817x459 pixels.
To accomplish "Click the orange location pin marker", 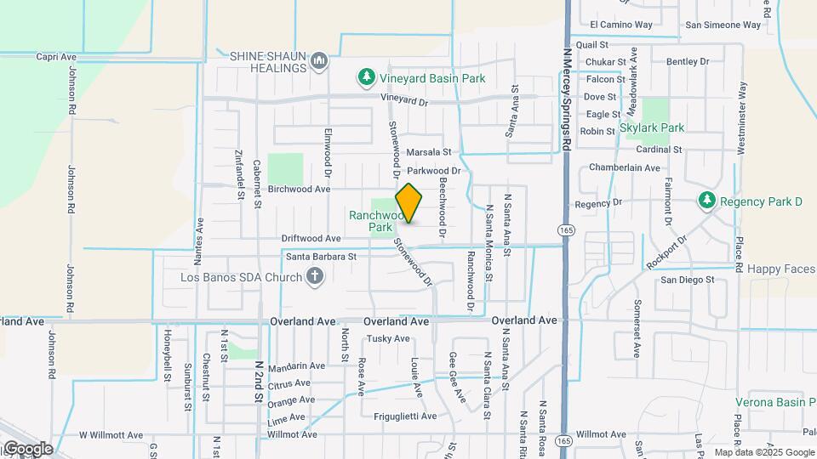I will point(409,202).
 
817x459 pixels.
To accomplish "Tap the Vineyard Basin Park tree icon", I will point(367,78).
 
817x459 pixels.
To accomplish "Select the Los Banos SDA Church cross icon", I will point(315,276).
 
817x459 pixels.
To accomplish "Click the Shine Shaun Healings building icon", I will point(319,60).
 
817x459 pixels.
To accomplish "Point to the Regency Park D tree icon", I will point(706,201).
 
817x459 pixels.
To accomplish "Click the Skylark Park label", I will point(652,127).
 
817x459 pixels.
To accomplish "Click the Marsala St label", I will point(427,152).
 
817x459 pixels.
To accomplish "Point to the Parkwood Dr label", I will point(439,171).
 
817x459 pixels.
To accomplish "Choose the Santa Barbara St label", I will point(321,256).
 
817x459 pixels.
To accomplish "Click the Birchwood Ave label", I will point(299,190).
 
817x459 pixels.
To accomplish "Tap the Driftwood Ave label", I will point(311,239).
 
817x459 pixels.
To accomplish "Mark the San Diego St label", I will point(688,279).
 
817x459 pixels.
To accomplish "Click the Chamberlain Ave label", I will point(625,168).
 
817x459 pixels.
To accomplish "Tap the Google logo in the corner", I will point(27,448).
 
